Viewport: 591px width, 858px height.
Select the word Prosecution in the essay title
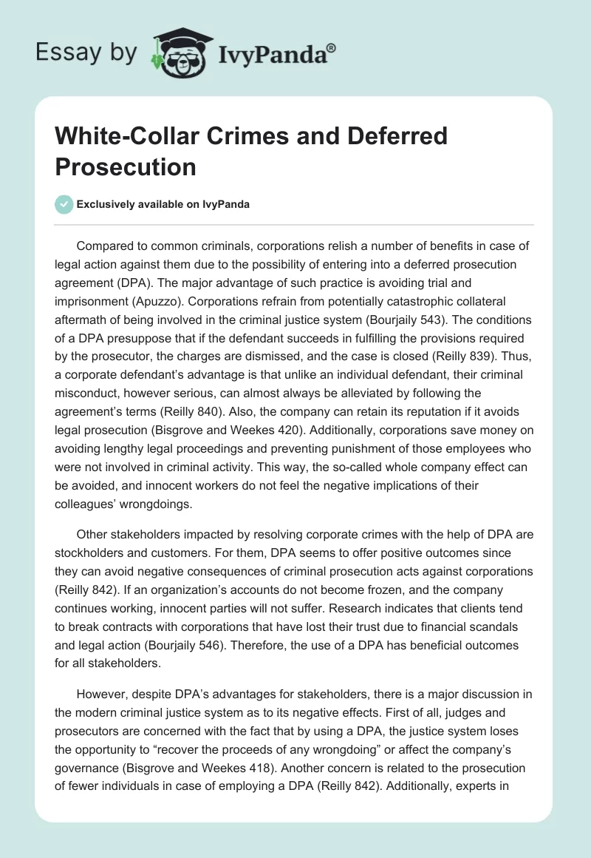126,166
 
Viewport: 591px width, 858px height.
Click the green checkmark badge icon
65,204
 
